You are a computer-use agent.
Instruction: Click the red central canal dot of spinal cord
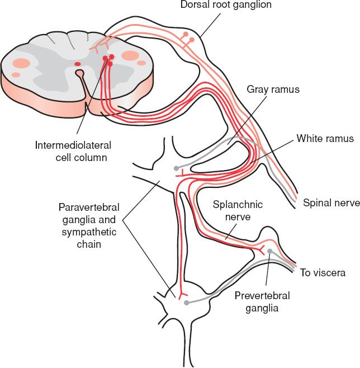pos(77,64)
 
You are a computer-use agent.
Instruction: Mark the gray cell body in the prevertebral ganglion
pos(270,251)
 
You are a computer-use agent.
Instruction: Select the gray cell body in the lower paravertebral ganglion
pos(186,303)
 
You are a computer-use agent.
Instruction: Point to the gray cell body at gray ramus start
pos(177,168)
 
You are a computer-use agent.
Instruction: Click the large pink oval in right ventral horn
pos(130,55)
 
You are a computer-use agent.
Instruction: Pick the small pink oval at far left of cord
pos(16,74)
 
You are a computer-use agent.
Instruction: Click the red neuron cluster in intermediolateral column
pos(108,59)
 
